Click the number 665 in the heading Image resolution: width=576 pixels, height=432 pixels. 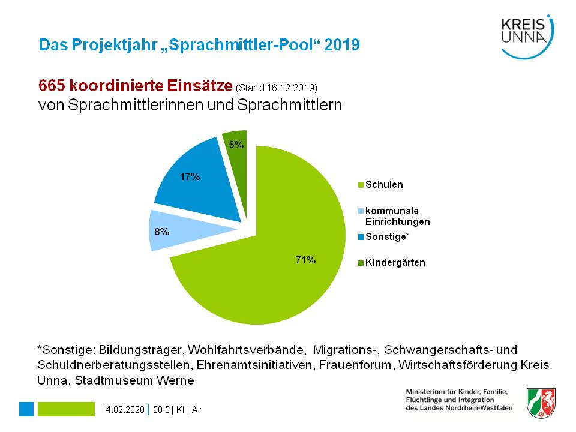[52, 86]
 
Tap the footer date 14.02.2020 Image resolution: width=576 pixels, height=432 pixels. [123, 410]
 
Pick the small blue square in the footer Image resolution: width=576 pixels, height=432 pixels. [26, 409]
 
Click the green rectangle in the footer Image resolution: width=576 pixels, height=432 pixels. [66, 409]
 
